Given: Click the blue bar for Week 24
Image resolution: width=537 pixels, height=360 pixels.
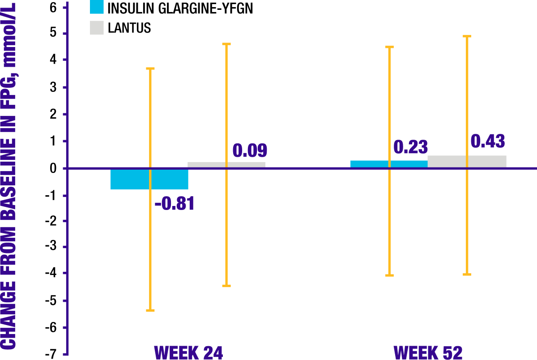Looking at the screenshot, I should pos(130,179).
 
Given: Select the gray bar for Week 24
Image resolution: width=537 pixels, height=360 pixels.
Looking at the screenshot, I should pos(206,165).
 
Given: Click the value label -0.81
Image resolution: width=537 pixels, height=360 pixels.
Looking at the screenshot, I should pos(175,204).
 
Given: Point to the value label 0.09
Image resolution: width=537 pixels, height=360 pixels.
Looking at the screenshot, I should pos(250,151).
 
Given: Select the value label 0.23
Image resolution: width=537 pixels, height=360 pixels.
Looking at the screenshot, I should pos(410,147).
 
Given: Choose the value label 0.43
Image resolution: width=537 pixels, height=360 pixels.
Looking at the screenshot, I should pos(487,141).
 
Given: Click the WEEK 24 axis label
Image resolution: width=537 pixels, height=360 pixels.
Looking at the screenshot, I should pos(188,353).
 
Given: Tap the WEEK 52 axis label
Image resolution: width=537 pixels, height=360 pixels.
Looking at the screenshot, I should pos(428,353).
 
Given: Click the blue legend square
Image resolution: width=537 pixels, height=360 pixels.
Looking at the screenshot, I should pos(97,6).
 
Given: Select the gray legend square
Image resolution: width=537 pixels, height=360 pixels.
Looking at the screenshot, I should pos(97,28).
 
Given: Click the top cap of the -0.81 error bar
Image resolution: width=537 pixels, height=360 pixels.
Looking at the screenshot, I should pos(150,69).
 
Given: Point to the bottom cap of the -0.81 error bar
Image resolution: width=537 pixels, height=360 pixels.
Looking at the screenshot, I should pos(150,310).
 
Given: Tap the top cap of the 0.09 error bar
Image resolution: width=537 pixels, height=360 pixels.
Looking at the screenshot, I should pos(226,44).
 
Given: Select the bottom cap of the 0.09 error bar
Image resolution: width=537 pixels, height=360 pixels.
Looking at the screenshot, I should pos(226,286).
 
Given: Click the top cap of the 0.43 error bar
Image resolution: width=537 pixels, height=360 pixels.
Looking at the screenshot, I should pos(467,36).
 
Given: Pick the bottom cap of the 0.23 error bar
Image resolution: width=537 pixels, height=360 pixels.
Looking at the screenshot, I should pos(389,275).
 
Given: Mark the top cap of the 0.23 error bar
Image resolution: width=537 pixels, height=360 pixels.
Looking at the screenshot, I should pos(389,47).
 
